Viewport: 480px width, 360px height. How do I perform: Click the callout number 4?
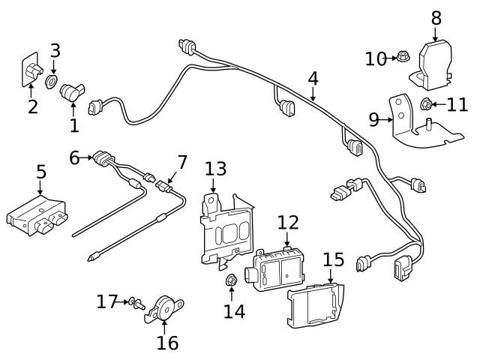(x=313, y=77)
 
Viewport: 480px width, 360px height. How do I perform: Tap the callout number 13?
(x=215, y=169)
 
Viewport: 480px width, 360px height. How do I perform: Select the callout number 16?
(x=167, y=343)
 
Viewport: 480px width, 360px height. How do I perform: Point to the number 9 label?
(x=373, y=119)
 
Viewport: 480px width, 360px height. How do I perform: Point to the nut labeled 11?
(x=427, y=104)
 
